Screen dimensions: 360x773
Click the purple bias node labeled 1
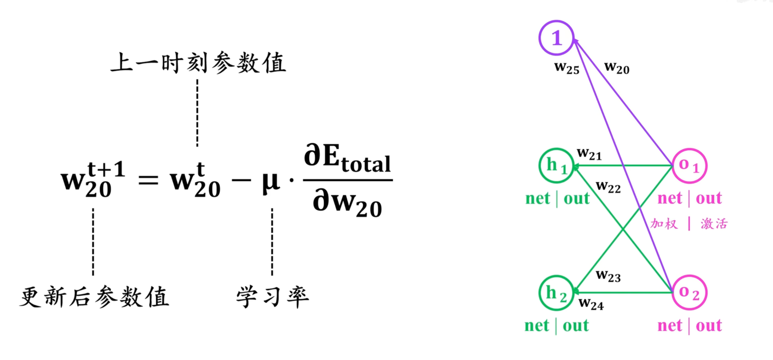[556, 38]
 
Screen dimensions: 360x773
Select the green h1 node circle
[556, 166]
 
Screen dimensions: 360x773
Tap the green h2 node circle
[556, 293]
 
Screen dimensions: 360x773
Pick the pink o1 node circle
[689, 166]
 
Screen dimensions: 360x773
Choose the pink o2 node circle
[689, 293]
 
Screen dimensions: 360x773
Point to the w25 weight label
[567, 68]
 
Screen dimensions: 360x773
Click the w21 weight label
[589, 154]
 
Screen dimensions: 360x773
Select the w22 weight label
[608, 187]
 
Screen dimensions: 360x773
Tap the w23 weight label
[608, 276]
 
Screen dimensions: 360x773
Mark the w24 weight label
[591, 304]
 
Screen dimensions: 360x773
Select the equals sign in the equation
[148, 181]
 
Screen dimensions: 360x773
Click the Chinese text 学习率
[272, 297]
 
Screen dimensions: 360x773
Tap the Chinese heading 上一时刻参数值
[198, 63]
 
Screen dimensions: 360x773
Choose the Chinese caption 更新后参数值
[94, 297]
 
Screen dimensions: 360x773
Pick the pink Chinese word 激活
[714, 224]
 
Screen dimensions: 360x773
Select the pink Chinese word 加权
[664, 224]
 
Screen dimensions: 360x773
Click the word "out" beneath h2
[576, 325]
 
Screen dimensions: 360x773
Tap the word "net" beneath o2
[670, 325]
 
